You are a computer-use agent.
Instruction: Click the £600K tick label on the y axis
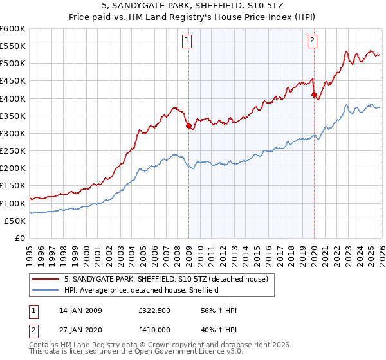pyautogui.click(x=13, y=29)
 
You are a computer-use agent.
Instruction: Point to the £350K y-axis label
pyautogui.click(x=13, y=116)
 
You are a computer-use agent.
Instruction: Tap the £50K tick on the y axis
pyautogui.click(x=15, y=221)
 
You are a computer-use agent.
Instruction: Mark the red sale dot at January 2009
pyautogui.click(x=188, y=126)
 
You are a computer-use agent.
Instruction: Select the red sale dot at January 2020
pyautogui.click(x=314, y=95)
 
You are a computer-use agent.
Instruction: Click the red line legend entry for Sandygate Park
pyautogui.click(x=170, y=279)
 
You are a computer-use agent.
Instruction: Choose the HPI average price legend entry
pyautogui.click(x=142, y=290)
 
